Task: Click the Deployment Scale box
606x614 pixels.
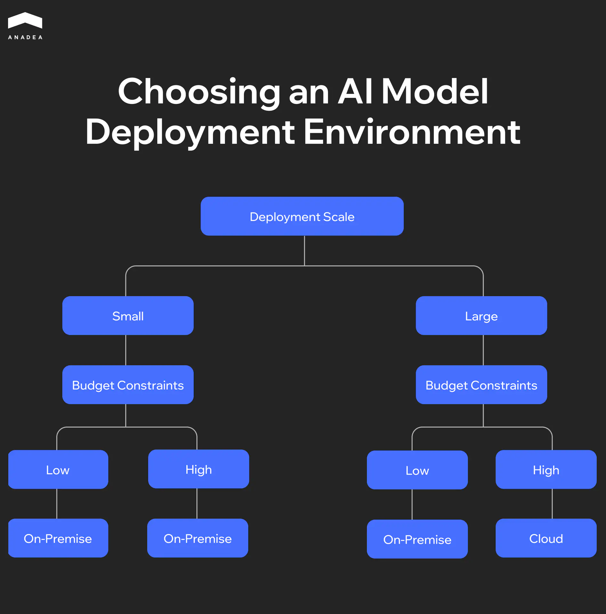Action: click(x=302, y=216)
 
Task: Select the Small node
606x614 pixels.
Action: click(x=128, y=316)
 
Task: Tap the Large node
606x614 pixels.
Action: click(x=481, y=316)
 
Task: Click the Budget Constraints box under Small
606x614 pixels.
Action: click(x=128, y=385)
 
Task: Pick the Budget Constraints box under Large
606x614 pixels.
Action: click(x=481, y=385)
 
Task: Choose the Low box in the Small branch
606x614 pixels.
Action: click(x=58, y=469)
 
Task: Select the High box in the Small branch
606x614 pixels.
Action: click(x=198, y=469)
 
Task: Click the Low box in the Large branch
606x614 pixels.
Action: click(x=417, y=470)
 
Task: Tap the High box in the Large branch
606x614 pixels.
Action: click(x=546, y=469)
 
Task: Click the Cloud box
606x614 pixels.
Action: click(x=546, y=538)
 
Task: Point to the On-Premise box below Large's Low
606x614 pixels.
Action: click(x=417, y=539)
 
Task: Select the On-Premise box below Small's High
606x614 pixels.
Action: click(x=198, y=538)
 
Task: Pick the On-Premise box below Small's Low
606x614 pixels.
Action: click(x=58, y=538)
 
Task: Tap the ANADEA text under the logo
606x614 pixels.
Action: click(x=25, y=37)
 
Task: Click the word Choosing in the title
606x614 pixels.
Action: click(x=199, y=92)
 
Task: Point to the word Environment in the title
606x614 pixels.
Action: click(x=412, y=132)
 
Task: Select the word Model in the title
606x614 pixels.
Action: click(x=435, y=92)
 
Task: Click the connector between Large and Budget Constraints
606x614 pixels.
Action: click(x=483, y=350)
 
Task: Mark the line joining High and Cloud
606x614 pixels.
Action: click(x=552, y=504)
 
